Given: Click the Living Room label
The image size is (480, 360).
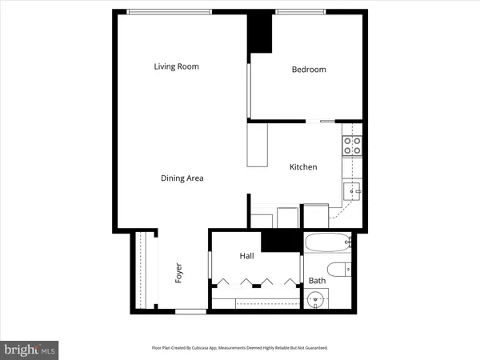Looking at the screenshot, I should [x=176, y=66].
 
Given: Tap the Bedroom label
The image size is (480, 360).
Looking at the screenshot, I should [x=308, y=70].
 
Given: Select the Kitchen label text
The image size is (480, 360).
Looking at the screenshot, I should [x=303, y=167].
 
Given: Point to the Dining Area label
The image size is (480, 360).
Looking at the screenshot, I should [x=182, y=178].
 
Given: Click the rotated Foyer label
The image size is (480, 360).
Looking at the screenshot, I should [x=179, y=273].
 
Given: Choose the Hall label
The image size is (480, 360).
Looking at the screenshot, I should [x=246, y=255].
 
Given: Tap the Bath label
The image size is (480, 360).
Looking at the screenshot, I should [x=317, y=281].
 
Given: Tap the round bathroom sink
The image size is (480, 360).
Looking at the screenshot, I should [x=317, y=300].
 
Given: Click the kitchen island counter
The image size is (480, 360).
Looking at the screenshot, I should [x=257, y=146].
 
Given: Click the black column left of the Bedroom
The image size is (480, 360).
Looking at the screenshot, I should [x=260, y=33].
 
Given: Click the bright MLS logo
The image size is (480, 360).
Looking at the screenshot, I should [x=30, y=350].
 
